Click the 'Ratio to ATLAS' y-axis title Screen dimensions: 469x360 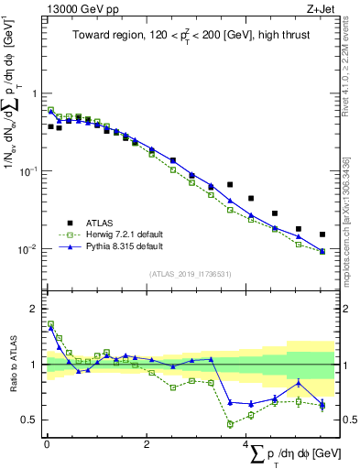(13, 365)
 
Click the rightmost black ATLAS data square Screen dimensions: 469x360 (322, 234)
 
